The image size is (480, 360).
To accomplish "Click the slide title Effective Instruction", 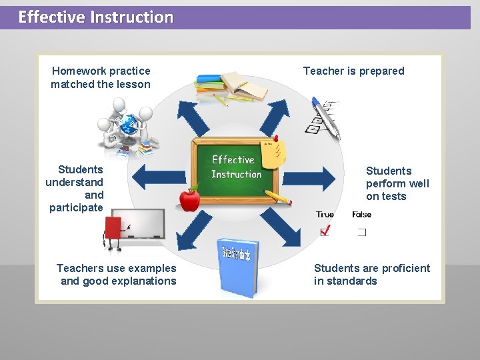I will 95,17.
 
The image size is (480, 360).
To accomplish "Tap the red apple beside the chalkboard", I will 190,198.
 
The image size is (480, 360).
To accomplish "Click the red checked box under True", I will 325,231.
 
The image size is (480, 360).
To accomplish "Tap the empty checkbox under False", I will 361,232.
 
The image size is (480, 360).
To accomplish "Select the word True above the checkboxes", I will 325,215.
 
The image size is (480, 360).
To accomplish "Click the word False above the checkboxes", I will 362,215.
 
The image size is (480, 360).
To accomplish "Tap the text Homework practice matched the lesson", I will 101,77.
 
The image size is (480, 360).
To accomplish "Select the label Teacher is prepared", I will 353,71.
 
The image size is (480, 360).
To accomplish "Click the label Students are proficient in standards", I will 372,274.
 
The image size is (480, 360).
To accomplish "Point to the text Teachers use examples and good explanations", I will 117,274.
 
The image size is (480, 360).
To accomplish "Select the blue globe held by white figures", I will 127,123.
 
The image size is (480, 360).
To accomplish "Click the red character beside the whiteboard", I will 113,230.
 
